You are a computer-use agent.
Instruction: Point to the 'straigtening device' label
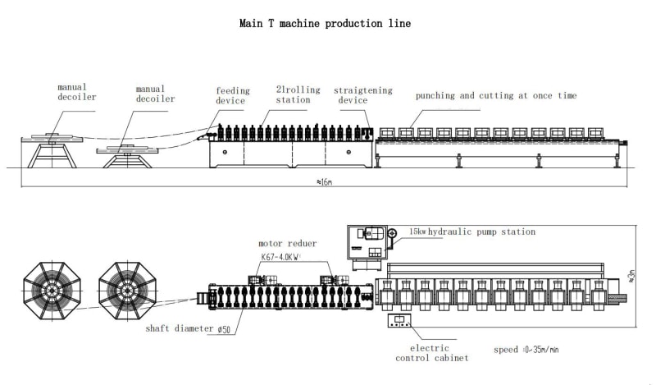362,95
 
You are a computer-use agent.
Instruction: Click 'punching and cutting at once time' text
495,96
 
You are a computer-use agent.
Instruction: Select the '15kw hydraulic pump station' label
471,232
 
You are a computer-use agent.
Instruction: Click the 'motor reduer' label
287,244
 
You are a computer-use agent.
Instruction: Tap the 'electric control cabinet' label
432,353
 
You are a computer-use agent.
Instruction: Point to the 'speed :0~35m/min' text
527,350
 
